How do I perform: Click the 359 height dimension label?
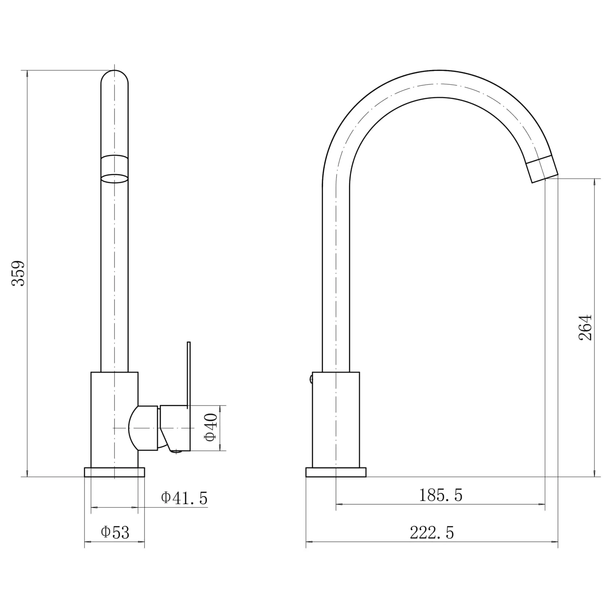point(18,273)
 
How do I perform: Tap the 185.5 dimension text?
point(440,495)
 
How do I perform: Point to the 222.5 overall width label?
point(432,533)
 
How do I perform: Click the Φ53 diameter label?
point(115,533)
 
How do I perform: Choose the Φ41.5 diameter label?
point(184,498)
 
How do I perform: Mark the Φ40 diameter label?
point(212,428)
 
